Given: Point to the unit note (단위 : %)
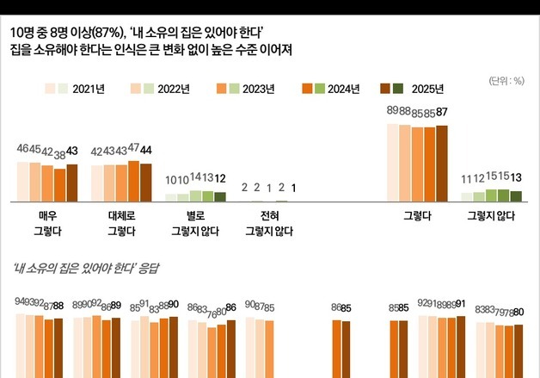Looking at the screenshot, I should [506, 81].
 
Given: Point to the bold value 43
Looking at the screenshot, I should [71, 151].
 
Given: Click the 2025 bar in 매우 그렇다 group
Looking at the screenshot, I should [71, 181].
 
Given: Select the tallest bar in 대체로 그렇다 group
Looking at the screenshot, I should [133, 180].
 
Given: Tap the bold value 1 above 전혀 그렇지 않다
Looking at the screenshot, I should [294, 188].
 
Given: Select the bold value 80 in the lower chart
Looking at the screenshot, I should [519, 311].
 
